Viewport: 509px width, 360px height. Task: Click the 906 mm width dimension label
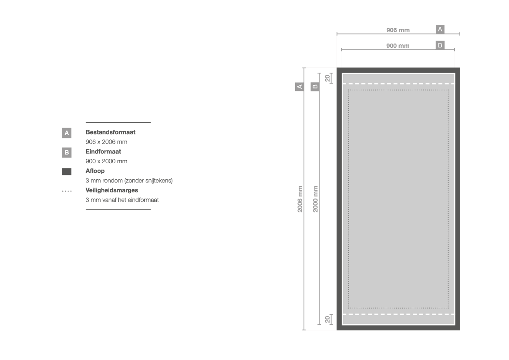[x=398, y=30]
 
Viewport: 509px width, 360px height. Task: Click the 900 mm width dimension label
[x=398, y=46]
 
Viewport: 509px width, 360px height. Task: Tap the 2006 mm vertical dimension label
[x=300, y=199]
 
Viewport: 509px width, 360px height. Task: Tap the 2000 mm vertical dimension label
[x=316, y=199]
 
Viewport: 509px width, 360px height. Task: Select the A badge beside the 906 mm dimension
[x=440, y=29]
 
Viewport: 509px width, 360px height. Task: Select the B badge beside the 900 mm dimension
[x=440, y=45]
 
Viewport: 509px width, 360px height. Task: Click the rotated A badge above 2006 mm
[x=300, y=87]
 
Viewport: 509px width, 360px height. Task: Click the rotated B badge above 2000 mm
[x=315, y=87]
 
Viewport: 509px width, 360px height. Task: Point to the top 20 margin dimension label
[x=327, y=78]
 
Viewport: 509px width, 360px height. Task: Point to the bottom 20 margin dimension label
[x=327, y=320]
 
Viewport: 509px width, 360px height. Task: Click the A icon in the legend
[x=67, y=133]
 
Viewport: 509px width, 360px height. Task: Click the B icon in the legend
[x=67, y=152]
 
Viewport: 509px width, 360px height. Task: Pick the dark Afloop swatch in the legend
[x=67, y=172]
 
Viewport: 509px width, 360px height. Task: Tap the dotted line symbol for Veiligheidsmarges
[x=67, y=191]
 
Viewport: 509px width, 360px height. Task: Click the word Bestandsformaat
[x=110, y=132]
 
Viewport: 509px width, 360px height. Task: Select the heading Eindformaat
[x=103, y=151]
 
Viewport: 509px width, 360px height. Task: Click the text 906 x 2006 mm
[x=106, y=142]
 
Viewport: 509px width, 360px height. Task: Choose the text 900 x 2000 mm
[x=106, y=161]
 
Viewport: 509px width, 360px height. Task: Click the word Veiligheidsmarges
[x=111, y=190]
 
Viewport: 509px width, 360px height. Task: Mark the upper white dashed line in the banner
[x=398, y=84]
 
